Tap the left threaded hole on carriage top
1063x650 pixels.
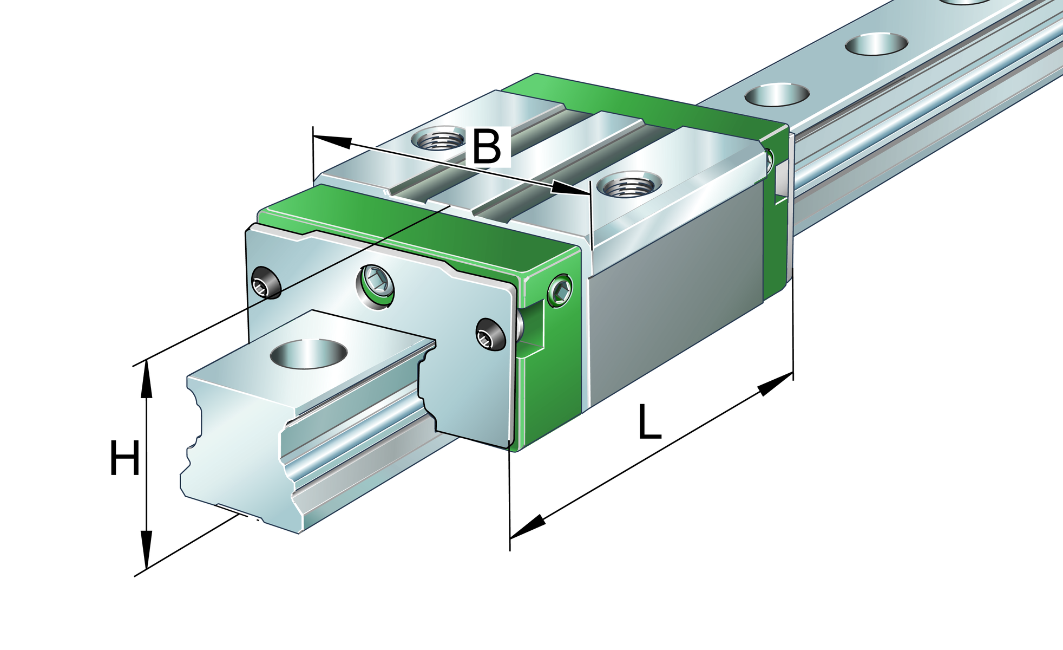(437, 140)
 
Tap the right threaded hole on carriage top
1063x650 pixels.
(628, 186)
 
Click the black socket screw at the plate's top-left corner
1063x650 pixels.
(266, 283)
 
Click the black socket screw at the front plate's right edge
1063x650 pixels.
(490, 334)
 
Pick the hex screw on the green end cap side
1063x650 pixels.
(560, 291)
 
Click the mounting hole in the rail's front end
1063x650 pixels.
(309, 354)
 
